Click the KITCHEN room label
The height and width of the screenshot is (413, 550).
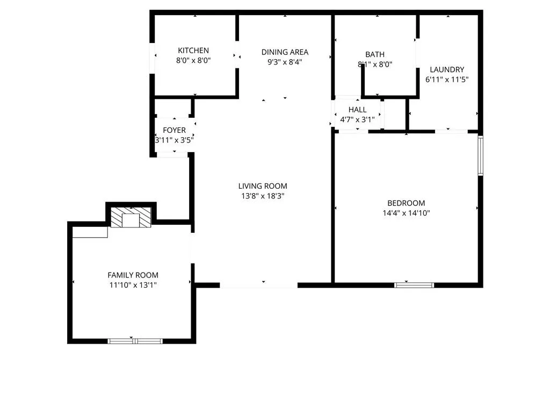pos(193,51)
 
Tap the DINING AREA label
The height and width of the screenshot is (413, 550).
pos(285,52)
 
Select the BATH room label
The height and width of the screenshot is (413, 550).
pos(375,54)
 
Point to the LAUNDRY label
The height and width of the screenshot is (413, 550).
pos(447,69)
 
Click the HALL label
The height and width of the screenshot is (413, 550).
pos(357,110)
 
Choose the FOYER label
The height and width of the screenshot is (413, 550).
pos(174,130)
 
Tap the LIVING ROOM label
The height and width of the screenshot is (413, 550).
pos(263,186)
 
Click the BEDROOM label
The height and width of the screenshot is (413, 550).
pos(406,203)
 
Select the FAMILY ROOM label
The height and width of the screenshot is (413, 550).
pos(133,275)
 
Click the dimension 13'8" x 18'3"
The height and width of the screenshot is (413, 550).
pos(263,196)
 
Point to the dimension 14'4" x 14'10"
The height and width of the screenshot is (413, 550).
pos(406,213)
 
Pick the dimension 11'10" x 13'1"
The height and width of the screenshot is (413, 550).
pos(133,285)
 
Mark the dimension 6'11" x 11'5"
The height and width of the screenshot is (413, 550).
pos(447,80)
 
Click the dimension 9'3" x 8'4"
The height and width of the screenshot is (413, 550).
pos(285,62)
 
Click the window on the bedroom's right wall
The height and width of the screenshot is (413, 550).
pos(481,155)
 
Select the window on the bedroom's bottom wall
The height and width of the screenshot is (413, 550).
pos(414,284)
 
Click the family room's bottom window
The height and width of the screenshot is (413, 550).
pos(135,340)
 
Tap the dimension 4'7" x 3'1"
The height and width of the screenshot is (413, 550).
pos(357,120)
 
